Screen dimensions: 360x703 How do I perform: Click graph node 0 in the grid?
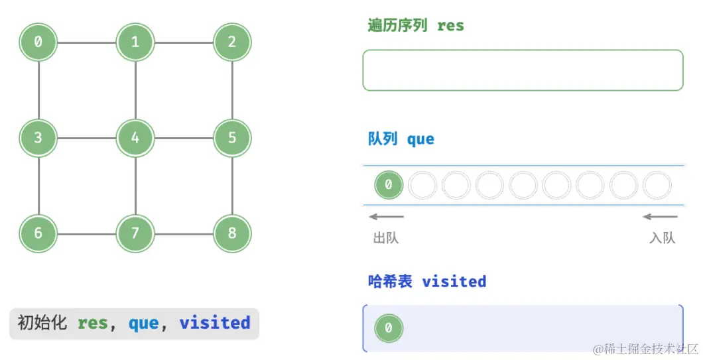pos(38,42)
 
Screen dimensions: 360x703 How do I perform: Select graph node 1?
pos(135,42)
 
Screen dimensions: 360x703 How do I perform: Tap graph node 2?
pos(232,42)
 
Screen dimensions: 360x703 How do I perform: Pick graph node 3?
pos(38,138)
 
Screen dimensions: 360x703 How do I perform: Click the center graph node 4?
pos(135,138)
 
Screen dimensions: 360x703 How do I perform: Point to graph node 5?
pos(232,138)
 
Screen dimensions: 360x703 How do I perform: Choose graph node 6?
pos(38,233)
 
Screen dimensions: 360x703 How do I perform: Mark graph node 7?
pos(135,233)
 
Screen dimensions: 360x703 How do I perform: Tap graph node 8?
pos(232,233)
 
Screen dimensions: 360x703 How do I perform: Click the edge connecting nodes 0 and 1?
pos(87,42)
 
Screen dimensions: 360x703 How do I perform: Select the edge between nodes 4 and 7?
pos(135,186)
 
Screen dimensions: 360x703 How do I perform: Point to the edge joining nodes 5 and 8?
pos(232,186)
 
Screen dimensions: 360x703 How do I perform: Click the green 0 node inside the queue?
pos(389,186)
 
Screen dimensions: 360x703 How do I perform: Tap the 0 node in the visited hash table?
pos(389,328)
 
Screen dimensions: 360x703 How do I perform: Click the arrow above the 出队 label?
pos(387,217)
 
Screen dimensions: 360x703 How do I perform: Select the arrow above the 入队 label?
pos(661,217)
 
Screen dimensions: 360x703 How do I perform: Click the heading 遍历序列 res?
pos(416,26)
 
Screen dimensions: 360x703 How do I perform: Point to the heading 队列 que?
pos(401,139)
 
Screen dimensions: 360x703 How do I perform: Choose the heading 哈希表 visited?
pos(427,282)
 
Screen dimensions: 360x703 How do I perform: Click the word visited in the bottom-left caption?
pos(214,324)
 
